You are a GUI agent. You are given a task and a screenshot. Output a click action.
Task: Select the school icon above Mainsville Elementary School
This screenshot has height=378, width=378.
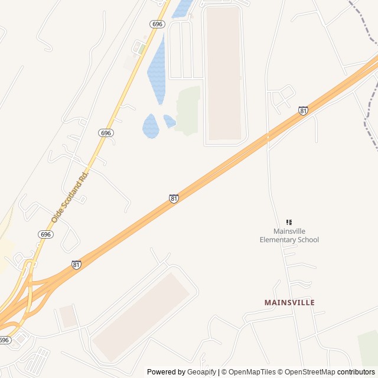click(289, 222)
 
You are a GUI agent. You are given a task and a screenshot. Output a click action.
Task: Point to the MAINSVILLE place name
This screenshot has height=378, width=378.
click(289, 302)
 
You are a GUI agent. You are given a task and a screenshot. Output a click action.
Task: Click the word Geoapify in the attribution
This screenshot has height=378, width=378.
click(202, 372)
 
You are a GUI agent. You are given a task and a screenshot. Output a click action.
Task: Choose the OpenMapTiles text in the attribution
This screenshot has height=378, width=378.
click(252, 372)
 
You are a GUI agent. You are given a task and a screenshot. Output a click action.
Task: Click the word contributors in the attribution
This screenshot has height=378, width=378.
click(356, 372)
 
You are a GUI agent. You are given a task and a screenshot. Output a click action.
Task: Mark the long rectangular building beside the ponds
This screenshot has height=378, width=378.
click(224, 74)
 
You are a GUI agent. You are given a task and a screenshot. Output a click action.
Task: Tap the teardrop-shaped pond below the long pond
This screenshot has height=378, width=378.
click(151, 126)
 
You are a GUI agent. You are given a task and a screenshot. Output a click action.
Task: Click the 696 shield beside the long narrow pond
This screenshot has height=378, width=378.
click(157, 24)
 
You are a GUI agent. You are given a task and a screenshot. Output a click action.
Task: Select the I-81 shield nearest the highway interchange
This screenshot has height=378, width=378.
click(77, 264)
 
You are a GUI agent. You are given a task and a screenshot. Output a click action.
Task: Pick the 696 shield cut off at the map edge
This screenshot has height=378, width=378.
click(5, 340)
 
